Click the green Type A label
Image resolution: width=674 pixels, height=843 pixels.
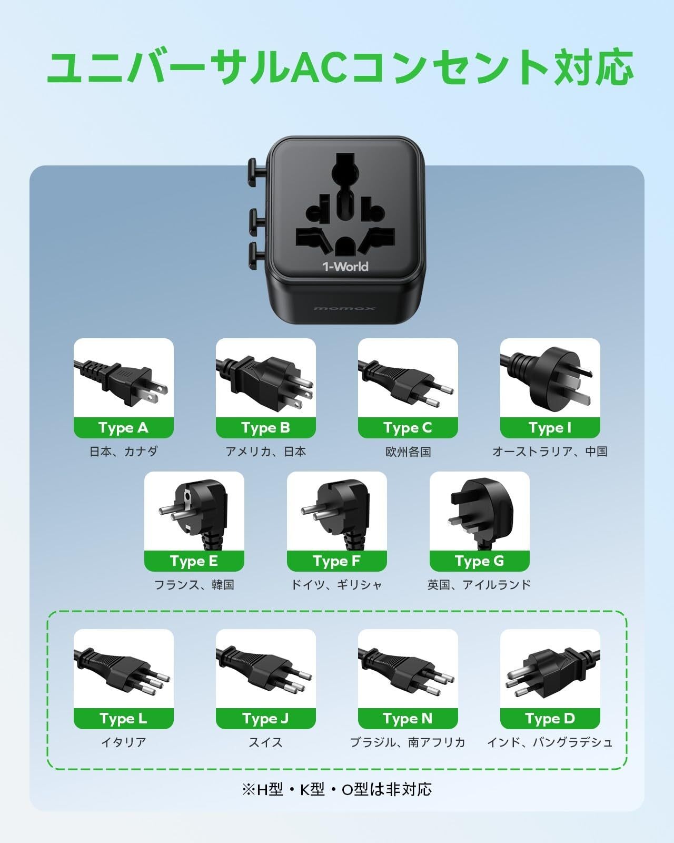(123, 428)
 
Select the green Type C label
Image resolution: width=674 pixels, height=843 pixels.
(408, 428)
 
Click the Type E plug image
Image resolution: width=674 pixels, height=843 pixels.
(194, 511)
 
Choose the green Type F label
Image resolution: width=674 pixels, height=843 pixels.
(336, 561)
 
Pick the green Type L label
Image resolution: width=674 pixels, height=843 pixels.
(123, 719)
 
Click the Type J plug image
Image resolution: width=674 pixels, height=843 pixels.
(266, 669)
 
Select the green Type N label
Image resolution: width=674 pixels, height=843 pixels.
(408, 719)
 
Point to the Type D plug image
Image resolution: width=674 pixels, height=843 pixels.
(550, 669)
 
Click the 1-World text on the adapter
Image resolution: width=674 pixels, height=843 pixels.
(345, 267)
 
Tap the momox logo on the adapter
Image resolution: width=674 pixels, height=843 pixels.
(344, 308)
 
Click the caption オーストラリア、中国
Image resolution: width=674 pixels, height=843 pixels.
(550, 452)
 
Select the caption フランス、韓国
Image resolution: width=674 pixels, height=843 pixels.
(194, 585)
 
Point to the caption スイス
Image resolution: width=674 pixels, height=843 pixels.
(265, 742)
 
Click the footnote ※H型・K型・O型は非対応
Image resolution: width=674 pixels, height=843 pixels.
(337, 789)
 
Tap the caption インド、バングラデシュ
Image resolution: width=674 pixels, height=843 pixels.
(550, 742)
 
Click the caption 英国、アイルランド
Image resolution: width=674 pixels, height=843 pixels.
(479, 585)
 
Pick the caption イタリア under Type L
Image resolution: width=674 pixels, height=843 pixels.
(123, 742)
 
